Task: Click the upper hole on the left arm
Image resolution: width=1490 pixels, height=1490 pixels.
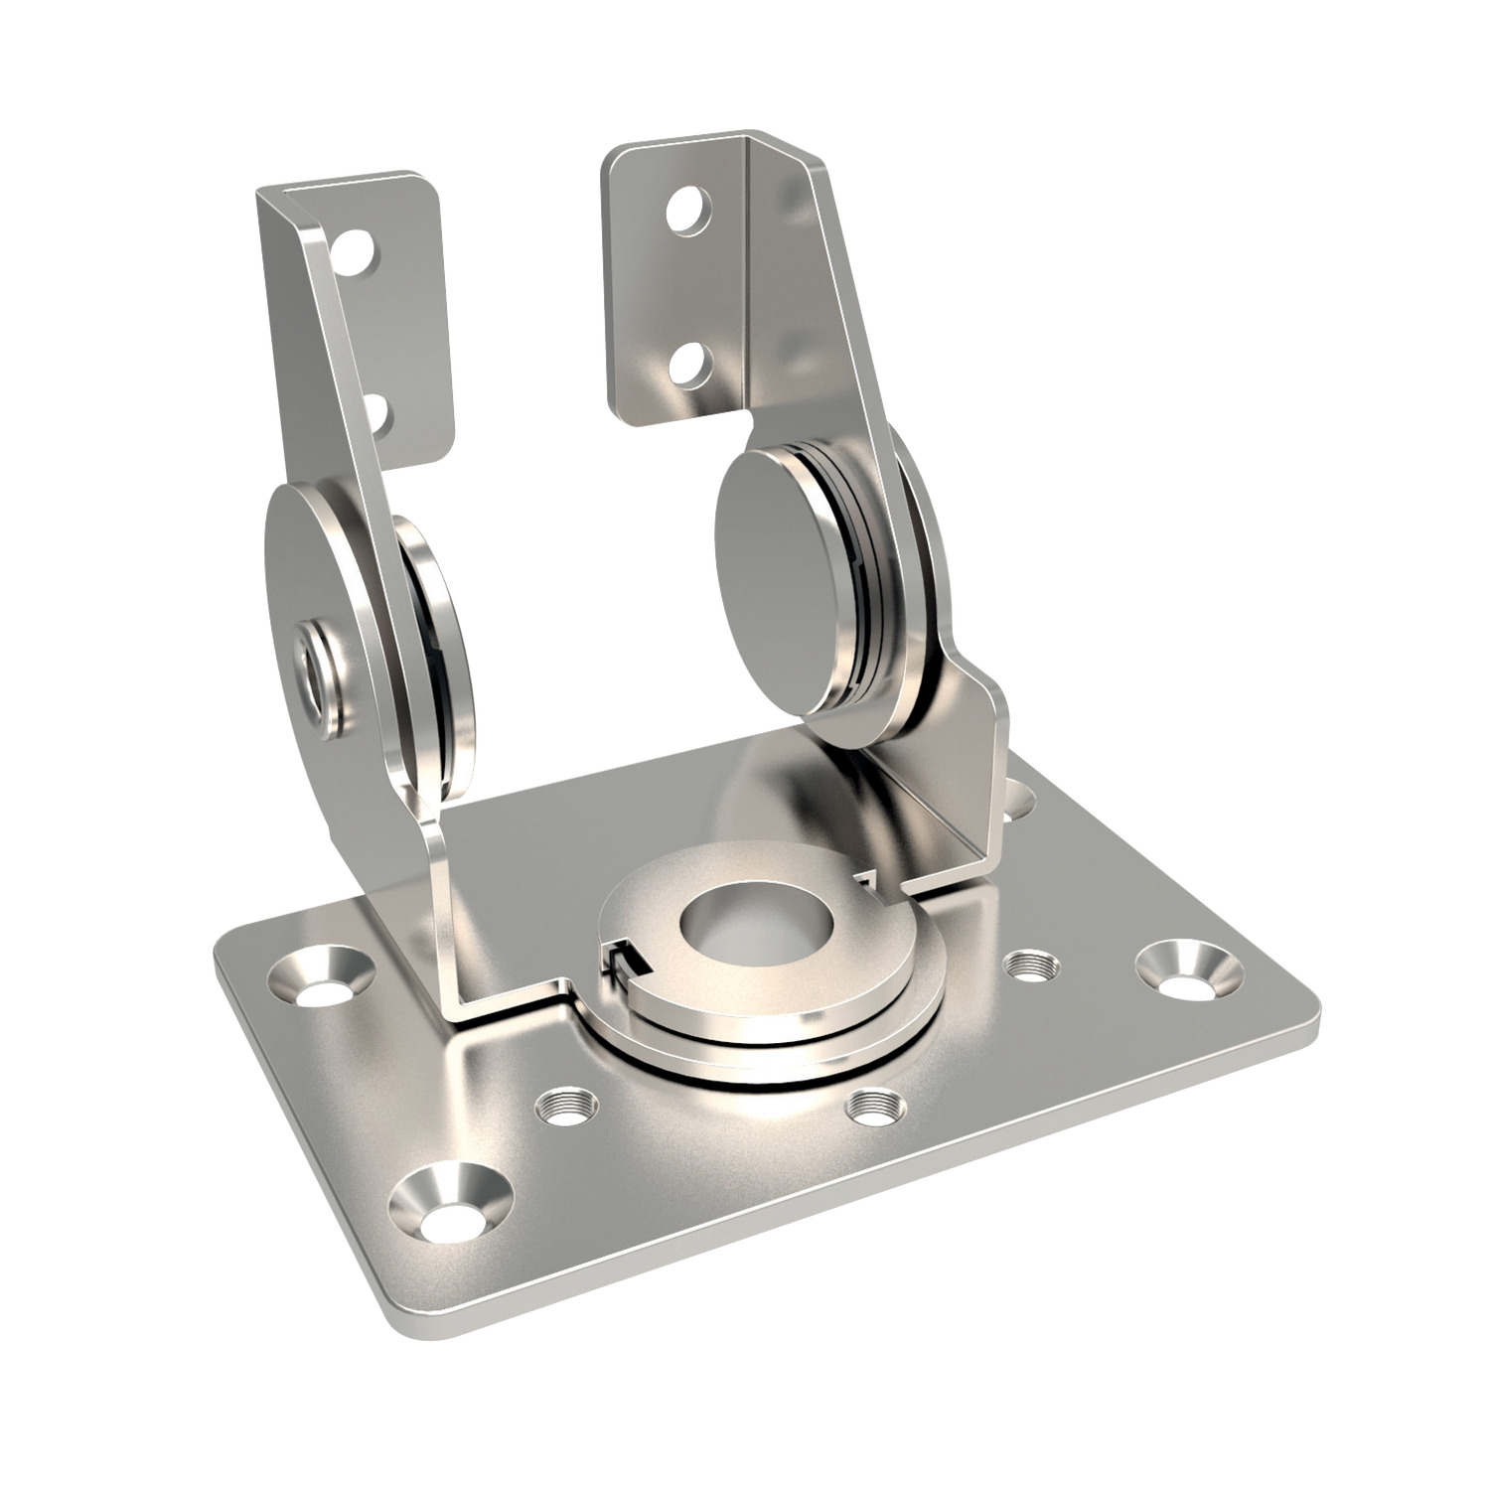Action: tap(357, 251)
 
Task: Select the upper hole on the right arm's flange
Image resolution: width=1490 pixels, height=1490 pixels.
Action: tap(687, 210)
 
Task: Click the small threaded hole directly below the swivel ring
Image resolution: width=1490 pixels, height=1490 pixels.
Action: tap(873, 1109)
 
